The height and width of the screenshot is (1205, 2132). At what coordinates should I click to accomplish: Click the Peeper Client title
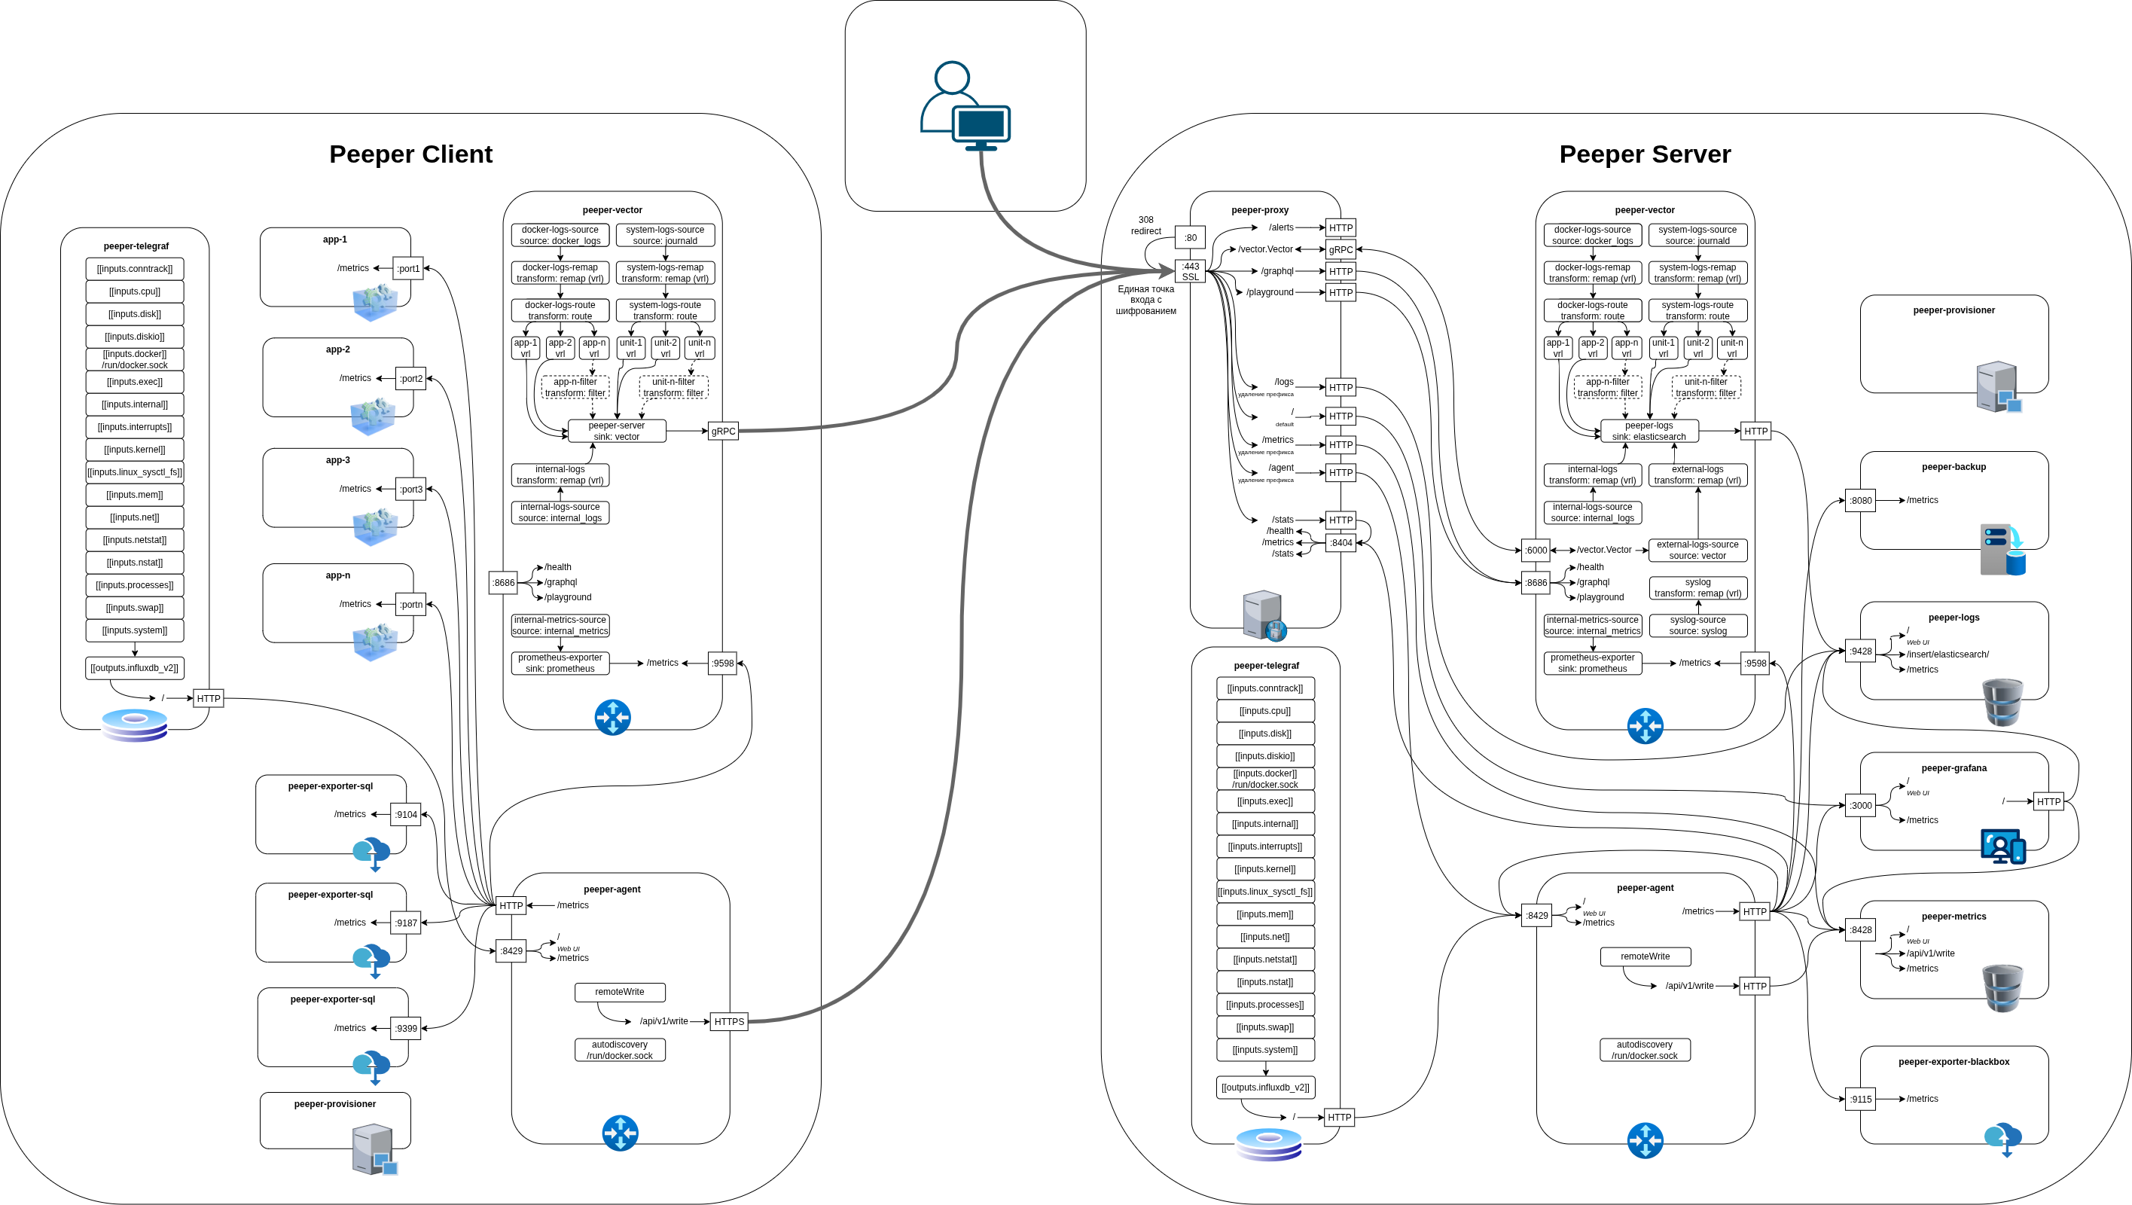pos(410,154)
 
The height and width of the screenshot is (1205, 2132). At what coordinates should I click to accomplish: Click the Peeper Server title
pos(1645,154)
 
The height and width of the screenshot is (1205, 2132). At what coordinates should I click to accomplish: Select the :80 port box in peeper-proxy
pos(1190,237)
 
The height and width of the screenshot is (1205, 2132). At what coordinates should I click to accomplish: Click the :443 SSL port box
pos(1190,271)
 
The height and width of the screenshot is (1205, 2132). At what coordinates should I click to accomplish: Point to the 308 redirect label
pos(1145,225)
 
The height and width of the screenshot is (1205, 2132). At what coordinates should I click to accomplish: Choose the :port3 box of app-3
pos(410,489)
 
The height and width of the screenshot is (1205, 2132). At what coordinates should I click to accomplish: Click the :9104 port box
pos(406,814)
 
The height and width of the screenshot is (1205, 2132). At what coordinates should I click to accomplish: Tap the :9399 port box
pos(406,1028)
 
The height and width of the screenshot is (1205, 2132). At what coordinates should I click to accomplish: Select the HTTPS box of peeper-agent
pos(728,1021)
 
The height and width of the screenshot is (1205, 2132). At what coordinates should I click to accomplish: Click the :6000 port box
pos(1536,550)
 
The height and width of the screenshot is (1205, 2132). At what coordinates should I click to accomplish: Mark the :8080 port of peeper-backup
pos(1861,500)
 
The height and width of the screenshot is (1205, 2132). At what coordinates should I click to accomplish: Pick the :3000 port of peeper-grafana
pos(1861,805)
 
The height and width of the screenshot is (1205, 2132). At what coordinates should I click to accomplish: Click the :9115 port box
pos(1861,1099)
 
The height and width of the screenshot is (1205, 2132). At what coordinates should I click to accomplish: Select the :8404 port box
pos(1341,543)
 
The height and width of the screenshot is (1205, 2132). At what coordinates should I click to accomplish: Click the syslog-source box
pos(1697,625)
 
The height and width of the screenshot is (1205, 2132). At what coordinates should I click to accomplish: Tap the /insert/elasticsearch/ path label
pos(1947,654)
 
